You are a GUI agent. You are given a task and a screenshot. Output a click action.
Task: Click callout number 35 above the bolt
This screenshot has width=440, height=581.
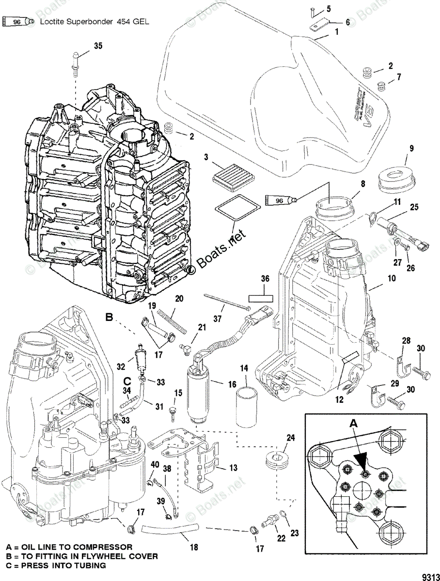click(x=98, y=46)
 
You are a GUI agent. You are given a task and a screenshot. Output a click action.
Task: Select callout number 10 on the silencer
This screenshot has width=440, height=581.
click(x=391, y=278)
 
